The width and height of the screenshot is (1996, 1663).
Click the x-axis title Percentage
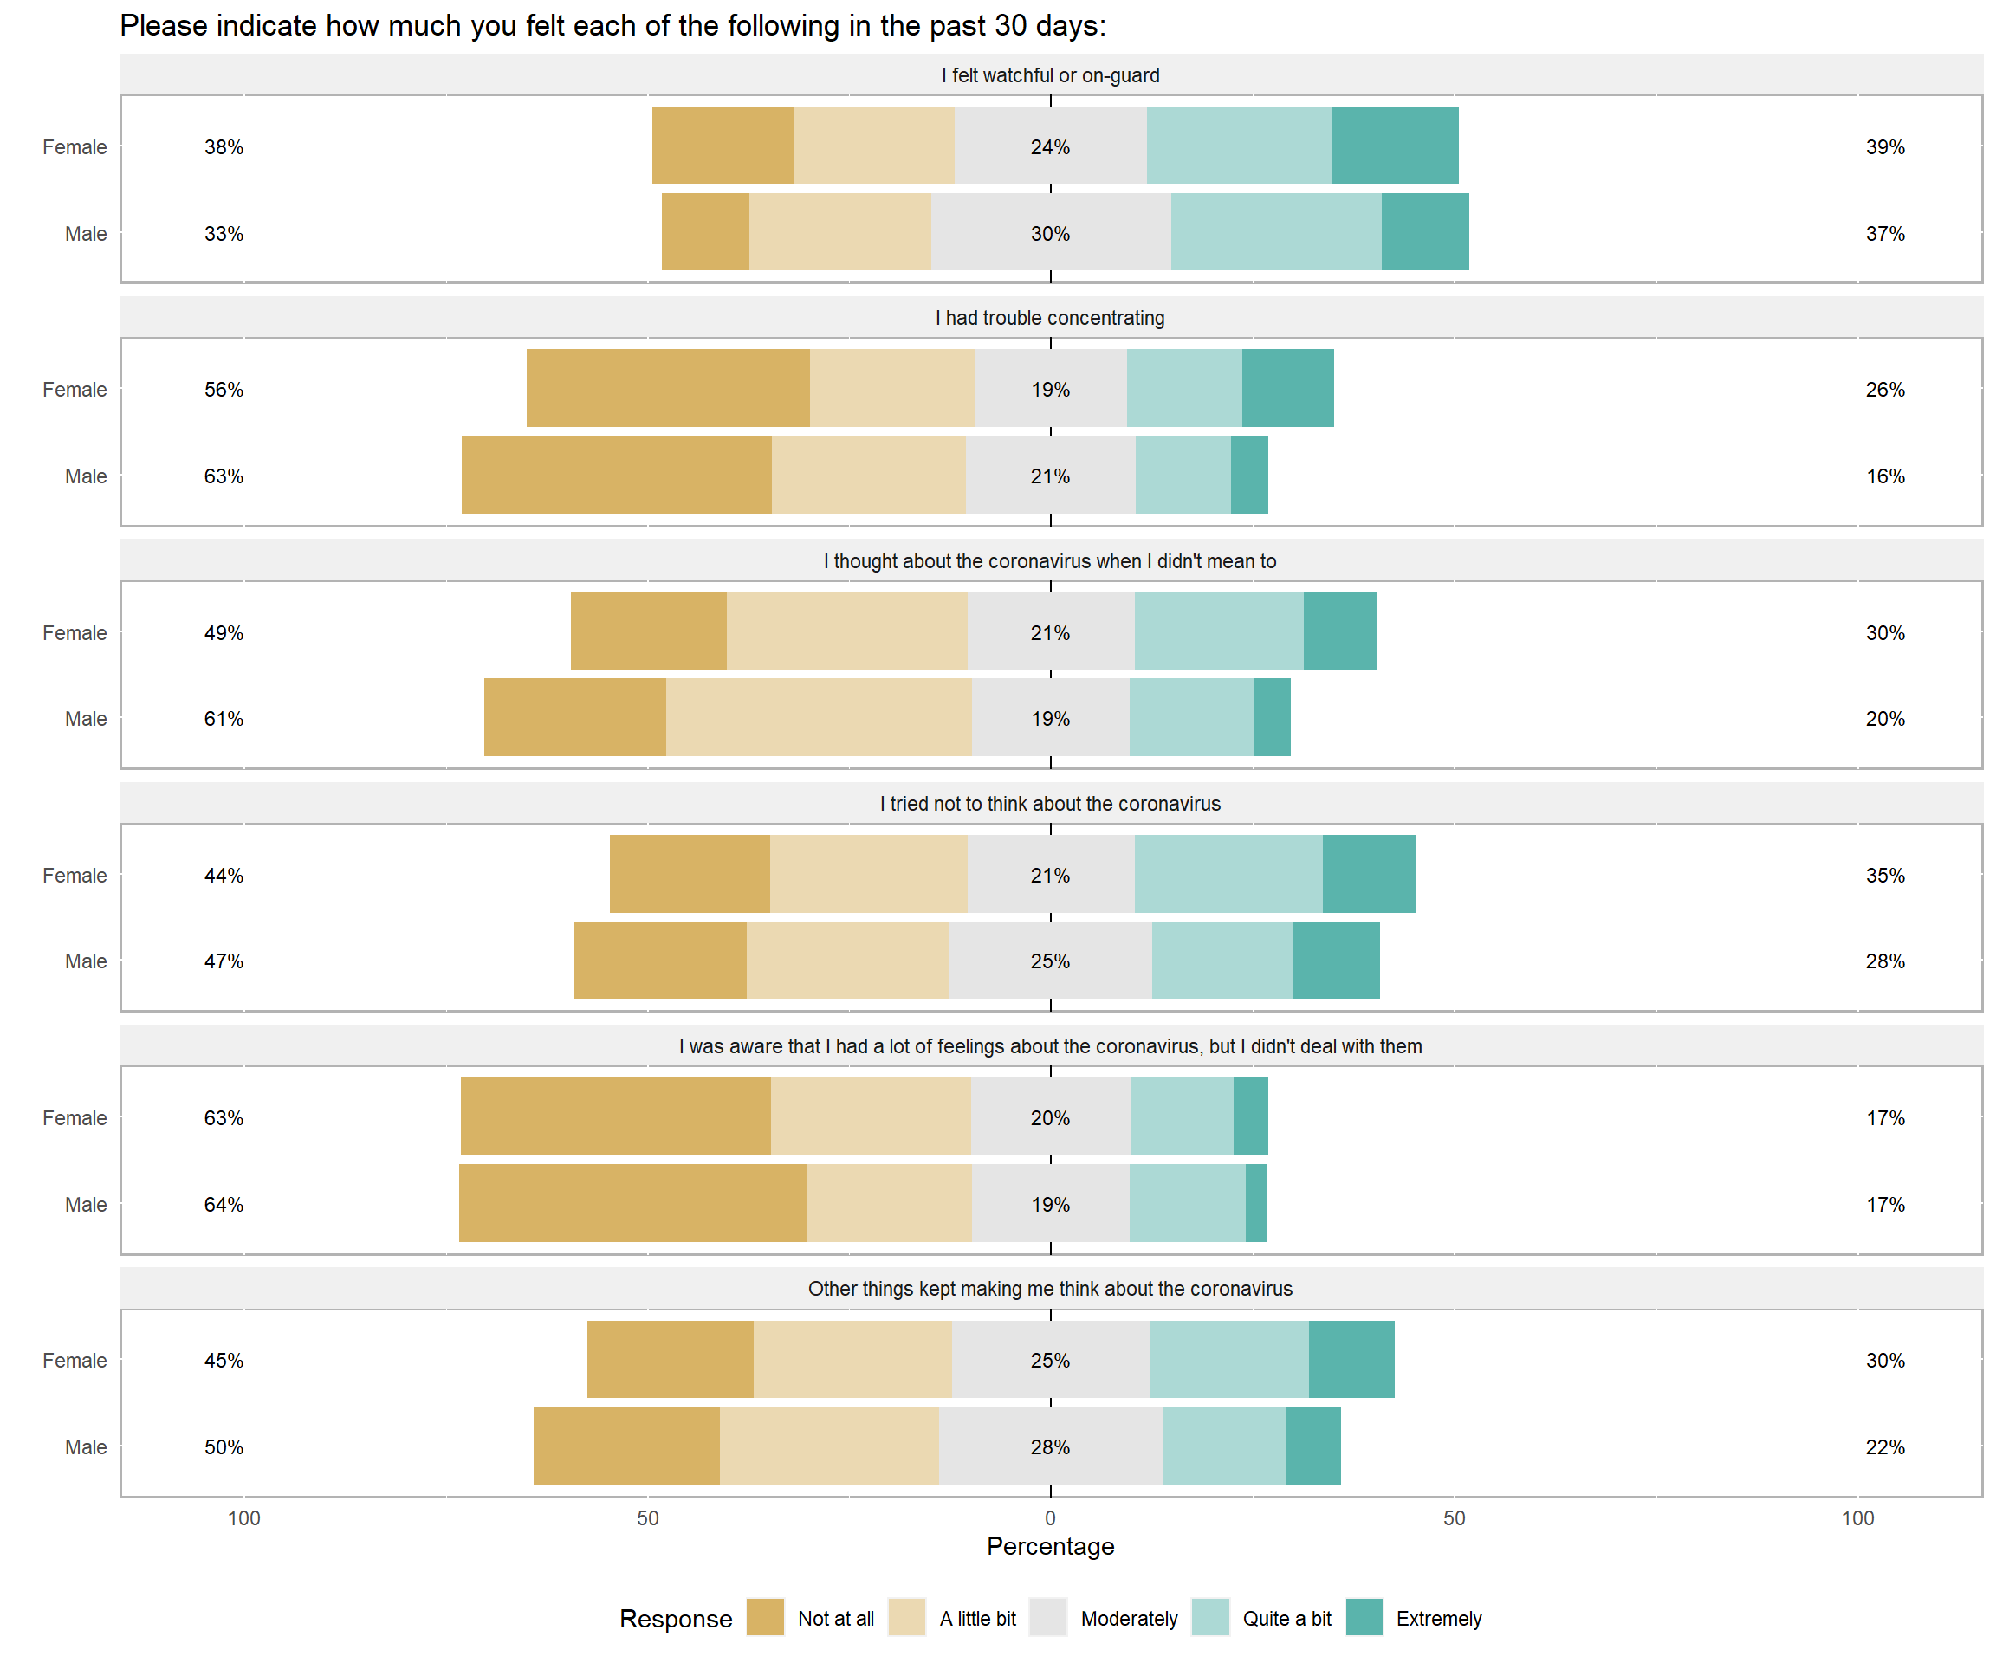point(1050,1546)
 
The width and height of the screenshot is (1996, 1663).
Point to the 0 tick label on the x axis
point(1050,1517)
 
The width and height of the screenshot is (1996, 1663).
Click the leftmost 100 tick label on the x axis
point(243,1517)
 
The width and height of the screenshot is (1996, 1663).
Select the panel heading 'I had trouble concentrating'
point(1049,317)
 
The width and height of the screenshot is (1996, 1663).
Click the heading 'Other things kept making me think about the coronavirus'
point(1049,1289)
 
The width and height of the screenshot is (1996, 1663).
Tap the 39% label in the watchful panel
point(1885,146)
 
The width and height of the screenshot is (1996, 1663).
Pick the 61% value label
point(224,718)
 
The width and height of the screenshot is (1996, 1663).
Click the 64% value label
point(224,1204)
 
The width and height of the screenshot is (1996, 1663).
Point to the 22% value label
point(1885,1446)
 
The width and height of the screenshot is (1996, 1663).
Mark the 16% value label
point(1885,476)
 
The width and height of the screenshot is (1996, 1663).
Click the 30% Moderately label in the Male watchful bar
point(1050,233)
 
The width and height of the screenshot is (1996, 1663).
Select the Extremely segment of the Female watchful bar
point(1395,146)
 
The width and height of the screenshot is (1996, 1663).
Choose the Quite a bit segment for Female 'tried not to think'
point(1228,873)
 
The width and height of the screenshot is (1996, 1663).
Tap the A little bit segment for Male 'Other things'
point(829,1445)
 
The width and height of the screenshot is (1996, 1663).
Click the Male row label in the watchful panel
point(86,233)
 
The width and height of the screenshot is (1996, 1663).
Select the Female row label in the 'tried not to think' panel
point(75,875)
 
